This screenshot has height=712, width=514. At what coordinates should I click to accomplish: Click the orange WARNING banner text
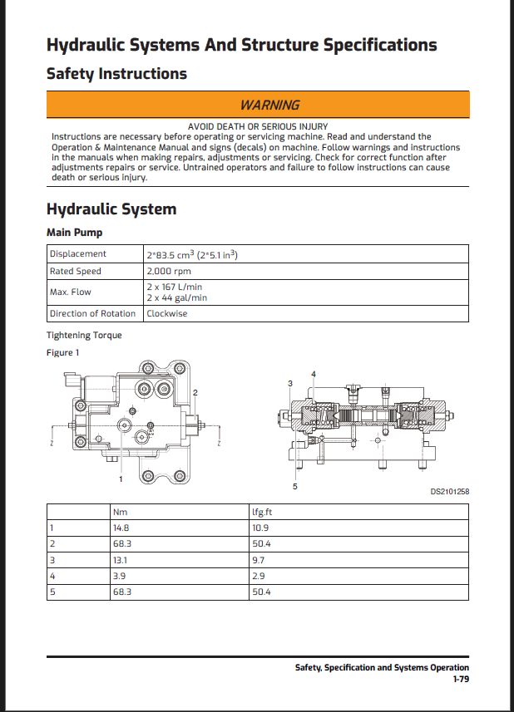pos(269,105)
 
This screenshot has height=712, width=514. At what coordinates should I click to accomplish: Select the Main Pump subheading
pos(74,233)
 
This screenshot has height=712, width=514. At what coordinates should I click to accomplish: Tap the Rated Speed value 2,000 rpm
pos(169,272)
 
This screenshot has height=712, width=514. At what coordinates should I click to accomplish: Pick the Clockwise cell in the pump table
pos(166,313)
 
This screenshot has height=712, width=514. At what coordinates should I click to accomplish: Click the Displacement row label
pos(78,254)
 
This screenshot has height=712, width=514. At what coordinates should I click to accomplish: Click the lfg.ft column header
pos(263,512)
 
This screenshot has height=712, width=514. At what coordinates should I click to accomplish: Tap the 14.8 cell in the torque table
pos(121,528)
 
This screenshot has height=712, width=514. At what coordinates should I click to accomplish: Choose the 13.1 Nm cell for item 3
pos(120,560)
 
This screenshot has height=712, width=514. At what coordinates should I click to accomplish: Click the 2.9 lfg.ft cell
pos(259,576)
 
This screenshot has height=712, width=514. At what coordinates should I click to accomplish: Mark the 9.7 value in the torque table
pos(259,560)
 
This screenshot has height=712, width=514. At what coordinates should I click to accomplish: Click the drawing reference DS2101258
pos(449,491)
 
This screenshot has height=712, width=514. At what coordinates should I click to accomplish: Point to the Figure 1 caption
pos(63,352)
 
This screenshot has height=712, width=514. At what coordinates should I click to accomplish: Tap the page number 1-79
pos(460,679)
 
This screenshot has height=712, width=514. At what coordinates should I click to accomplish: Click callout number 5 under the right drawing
pos(295,485)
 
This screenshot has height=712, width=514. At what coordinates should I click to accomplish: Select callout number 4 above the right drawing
pos(314,373)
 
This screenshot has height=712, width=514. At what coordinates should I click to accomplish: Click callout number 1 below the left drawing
pos(121,479)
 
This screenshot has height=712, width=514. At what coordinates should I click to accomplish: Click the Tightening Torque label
pos(84,335)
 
